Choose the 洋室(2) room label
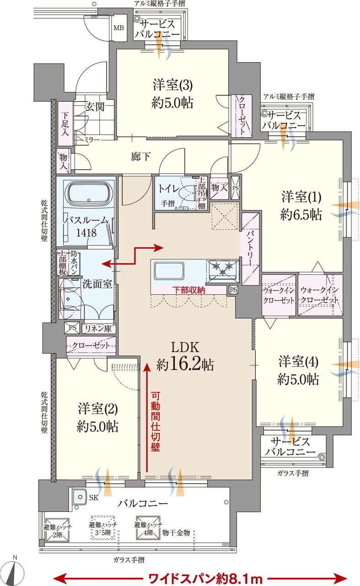[97, 417]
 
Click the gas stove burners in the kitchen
[223, 268]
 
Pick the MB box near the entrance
[118, 28]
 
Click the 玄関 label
[95, 107]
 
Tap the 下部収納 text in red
[188, 290]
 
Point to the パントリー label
[250, 247]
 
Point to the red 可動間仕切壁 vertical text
[156, 421]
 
